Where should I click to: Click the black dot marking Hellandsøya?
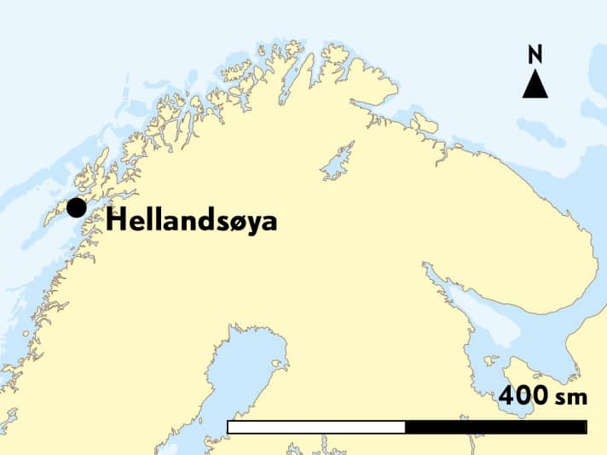coord(77,207)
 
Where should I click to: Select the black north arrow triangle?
coord(535,85)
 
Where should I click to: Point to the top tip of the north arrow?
coord(535,72)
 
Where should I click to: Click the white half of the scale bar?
coord(316,427)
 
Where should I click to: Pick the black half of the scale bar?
coord(495,427)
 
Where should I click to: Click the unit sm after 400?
coord(566,399)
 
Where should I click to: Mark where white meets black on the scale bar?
coord(405,427)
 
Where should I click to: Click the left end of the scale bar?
coord(228,427)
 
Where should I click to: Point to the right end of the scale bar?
coord(587,427)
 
